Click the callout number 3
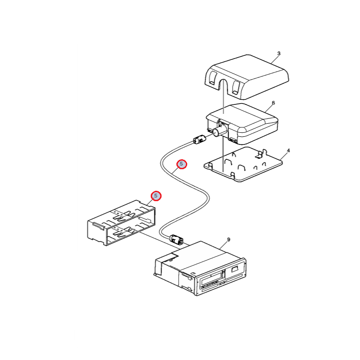pos(279,54)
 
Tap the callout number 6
pos(273,103)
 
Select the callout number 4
pos(288,151)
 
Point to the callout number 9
pos(229,240)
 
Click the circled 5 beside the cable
pos(182,164)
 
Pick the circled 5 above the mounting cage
pos(156,196)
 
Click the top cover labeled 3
pos(246,77)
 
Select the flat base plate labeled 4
pos(243,164)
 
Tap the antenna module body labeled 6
pos(243,124)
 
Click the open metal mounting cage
pos(121,223)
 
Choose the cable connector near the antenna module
pos(199,139)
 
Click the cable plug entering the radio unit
pos(176,239)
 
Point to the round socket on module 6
pos(218,131)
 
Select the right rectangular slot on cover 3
pos(236,87)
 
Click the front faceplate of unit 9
pos(220,277)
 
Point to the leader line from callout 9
pos(223,246)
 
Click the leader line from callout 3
pos(274,60)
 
